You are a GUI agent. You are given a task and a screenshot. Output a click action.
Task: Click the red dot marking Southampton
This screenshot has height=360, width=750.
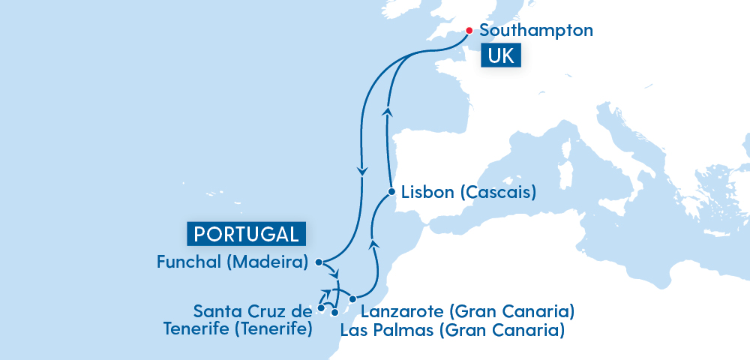coord(469,31)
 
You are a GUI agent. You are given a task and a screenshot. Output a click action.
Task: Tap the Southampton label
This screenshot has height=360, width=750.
coord(535,31)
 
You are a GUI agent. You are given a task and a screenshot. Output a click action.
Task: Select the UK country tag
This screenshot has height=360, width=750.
coord(502,56)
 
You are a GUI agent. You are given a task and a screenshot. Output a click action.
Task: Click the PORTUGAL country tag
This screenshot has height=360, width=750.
coord(246,234)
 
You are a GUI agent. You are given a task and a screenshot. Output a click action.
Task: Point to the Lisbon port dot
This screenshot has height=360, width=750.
coord(391,192)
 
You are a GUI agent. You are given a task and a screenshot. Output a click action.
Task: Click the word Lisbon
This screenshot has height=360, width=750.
coord(427,192)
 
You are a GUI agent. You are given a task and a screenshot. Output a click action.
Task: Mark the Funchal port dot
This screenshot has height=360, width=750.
coord(319,262)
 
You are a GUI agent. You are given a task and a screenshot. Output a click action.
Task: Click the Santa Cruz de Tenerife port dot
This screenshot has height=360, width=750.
coord(321,307)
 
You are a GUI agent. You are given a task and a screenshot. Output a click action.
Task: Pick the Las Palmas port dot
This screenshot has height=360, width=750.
coord(335,312)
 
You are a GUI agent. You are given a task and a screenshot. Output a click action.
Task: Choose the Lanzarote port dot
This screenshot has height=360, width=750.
coord(352,299)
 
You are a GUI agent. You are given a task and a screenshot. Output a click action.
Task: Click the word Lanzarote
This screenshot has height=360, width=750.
coord(403,310)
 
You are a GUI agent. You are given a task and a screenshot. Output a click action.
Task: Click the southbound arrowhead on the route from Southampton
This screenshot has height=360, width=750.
coord(363,171)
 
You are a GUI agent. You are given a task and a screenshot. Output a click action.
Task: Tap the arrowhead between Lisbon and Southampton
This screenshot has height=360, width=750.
coord(388,111)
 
